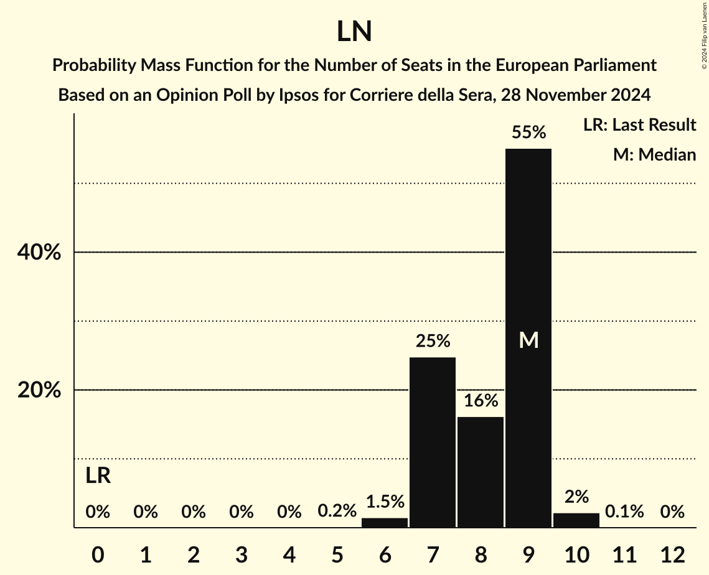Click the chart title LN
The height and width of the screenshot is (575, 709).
pyautogui.click(x=354, y=32)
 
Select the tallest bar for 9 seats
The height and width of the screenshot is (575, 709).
pyautogui.click(x=528, y=261)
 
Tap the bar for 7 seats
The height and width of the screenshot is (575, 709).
pyautogui.click(x=433, y=442)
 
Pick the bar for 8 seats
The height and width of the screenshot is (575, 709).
pyautogui.click(x=481, y=472)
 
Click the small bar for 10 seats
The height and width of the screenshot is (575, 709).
pyautogui.click(x=576, y=520)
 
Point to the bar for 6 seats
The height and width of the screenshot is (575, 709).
pyautogui.click(x=385, y=523)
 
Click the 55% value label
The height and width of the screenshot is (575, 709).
pyautogui.click(x=528, y=133)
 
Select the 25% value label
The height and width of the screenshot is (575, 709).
pyautogui.click(x=433, y=341)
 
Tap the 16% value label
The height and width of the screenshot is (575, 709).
pyautogui.click(x=481, y=401)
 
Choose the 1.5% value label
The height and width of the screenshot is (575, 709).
pyautogui.click(x=385, y=502)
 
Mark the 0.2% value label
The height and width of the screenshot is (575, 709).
pyautogui.click(x=337, y=512)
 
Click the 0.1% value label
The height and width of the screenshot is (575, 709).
pyautogui.click(x=624, y=512)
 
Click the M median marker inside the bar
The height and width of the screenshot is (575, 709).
pyautogui.click(x=528, y=340)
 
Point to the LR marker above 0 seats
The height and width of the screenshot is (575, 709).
pyautogui.click(x=98, y=476)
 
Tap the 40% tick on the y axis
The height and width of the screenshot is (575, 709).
pyautogui.click(x=39, y=253)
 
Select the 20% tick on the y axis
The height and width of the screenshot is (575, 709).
pyautogui.click(x=39, y=390)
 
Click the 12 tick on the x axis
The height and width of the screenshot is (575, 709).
pyautogui.click(x=672, y=554)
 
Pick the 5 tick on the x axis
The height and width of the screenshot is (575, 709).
pyautogui.click(x=337, y=554)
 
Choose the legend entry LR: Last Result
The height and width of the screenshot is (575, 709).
pyautogui.click(x=639, y=125)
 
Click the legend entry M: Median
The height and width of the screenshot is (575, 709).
pyautogui.click(x=654, y=154)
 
